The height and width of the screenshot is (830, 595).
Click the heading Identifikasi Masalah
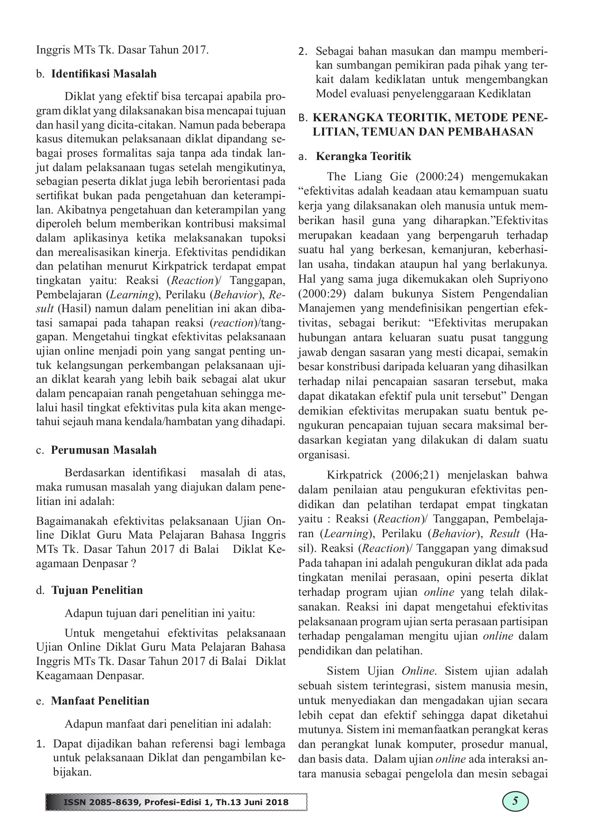tap(104, 74)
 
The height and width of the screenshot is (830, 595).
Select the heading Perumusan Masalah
tap(104, 450)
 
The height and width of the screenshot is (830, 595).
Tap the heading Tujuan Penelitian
tap(97, 590)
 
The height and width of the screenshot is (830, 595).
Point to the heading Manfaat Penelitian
tap(100, 701)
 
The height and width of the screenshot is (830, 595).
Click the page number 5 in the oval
tap(515, 801)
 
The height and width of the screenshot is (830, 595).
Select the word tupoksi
tap(266, 238)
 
